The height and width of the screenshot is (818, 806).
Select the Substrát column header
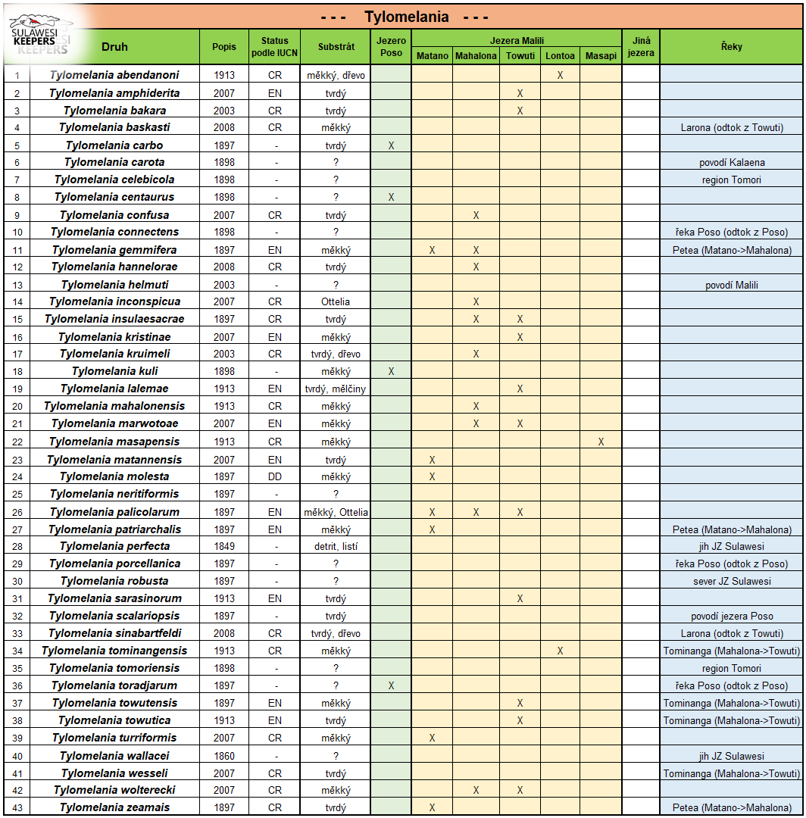click(336, 47)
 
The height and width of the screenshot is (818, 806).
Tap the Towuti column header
click(520, 56)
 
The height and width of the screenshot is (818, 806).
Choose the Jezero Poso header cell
click(391, 47)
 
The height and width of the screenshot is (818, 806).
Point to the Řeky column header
click(731, 47)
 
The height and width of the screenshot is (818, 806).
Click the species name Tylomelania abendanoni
click(114, 75)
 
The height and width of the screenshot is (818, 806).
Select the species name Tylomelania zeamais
click(114, 807)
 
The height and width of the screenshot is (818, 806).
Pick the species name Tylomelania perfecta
click(114, 546)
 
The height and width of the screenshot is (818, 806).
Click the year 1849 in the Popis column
click(224, 546)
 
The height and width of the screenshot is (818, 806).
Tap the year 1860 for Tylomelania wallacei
click(224, 756)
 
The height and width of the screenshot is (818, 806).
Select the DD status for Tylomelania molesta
click(275, 476)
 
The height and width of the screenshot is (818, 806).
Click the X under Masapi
click(601, 442)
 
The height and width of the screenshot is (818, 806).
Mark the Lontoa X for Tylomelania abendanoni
click(560, 75)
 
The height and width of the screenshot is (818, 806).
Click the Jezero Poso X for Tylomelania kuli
click(391, 372)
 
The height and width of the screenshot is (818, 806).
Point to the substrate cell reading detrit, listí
click(336, 546)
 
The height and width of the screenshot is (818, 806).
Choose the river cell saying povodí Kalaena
click(731, 162)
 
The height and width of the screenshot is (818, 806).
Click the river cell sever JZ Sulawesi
click(731, 581)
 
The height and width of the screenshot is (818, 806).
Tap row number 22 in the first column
click(17, 442)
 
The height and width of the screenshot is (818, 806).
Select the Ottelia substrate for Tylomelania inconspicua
click(336, 302)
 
